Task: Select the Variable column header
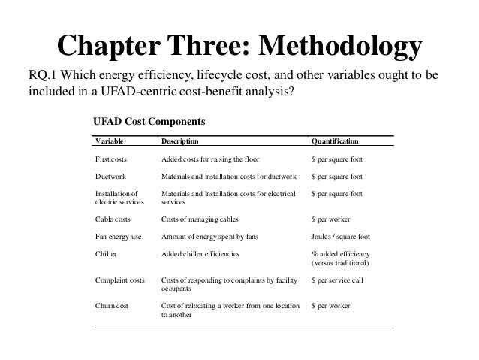click(110, 141)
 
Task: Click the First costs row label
click(113, 159)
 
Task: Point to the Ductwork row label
click(111, 177)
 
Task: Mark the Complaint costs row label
click(120, 280)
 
